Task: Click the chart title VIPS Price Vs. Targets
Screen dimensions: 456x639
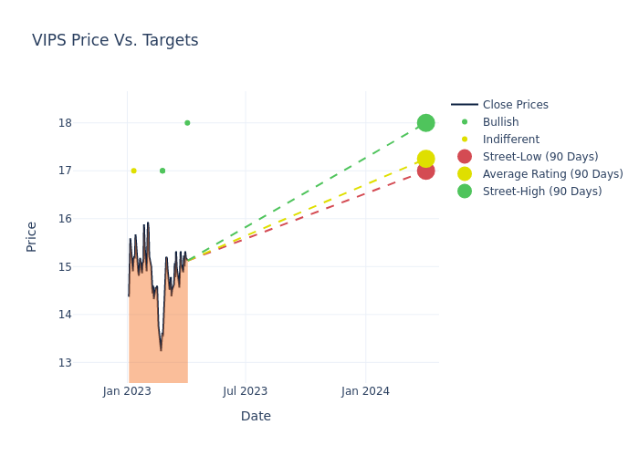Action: point(115,40)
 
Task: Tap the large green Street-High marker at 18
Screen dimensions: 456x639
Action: point(425,123)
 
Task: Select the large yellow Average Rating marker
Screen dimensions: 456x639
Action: point(425,159)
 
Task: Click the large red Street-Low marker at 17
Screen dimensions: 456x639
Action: point(425,171)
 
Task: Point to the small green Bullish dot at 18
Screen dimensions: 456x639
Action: point(187,123)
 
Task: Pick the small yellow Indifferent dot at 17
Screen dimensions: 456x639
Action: point(133,171)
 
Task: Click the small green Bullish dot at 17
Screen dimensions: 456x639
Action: point(162,171)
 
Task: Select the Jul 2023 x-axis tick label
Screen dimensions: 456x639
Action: point(246,391)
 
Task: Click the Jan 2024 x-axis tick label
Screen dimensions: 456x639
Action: point(365,391)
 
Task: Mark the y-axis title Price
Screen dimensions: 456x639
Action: point(32,236)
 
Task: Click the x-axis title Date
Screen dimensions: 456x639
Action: point(256,417)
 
